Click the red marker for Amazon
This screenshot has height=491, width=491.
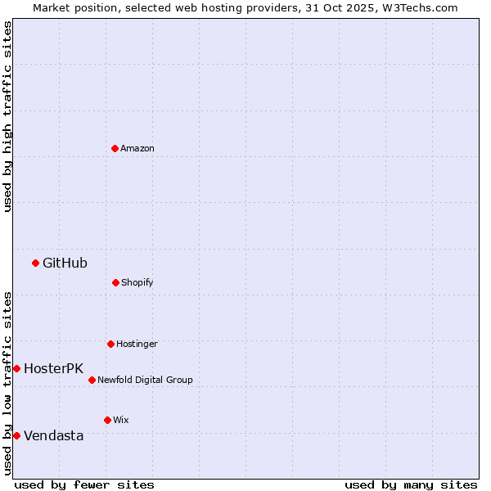pyautogui.click(x=115, y=148)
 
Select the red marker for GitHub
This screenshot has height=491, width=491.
pyautogui.click(x=35, y=263)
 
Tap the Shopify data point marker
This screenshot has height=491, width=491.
pyautogui.click(x=115, y=282)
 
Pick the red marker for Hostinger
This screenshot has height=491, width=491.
pyautogui.click(x=110, y=344)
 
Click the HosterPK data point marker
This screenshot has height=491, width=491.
pyautogui.click(x=16, y=368)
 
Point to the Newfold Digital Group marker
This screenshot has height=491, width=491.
pyautogui.click(x=92, y=380)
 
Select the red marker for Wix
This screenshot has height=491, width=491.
pyautogui.click(x=107, y=420)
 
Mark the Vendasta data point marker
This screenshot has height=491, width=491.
pyautogui.click(x=16, y=435)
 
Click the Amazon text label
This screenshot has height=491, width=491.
pyautogui.click(x=137, y=148)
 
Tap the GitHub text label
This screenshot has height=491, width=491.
pyautogui.click(x=65, y=263)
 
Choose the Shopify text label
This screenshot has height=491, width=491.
pyautogui.click(x=137, y=282)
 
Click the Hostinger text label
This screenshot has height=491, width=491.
pyautogui.click(x=137, y=344)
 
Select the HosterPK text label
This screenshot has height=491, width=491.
pyautogui.click(x=53, y=368)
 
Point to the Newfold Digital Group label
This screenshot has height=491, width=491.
pyautogui.click(x=145, y=380)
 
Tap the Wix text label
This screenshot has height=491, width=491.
pyautogui.click(x=121, y=420)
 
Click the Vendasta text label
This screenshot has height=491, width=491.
pyautogui.click(x=53, y=435)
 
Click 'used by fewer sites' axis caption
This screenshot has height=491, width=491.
pyautogui.click(x=84, y=484)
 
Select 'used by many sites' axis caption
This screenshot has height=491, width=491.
pyautogui.click(x=411, y=484)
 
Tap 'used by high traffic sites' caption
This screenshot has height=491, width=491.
pyautogui.click(x=7, y=116)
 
